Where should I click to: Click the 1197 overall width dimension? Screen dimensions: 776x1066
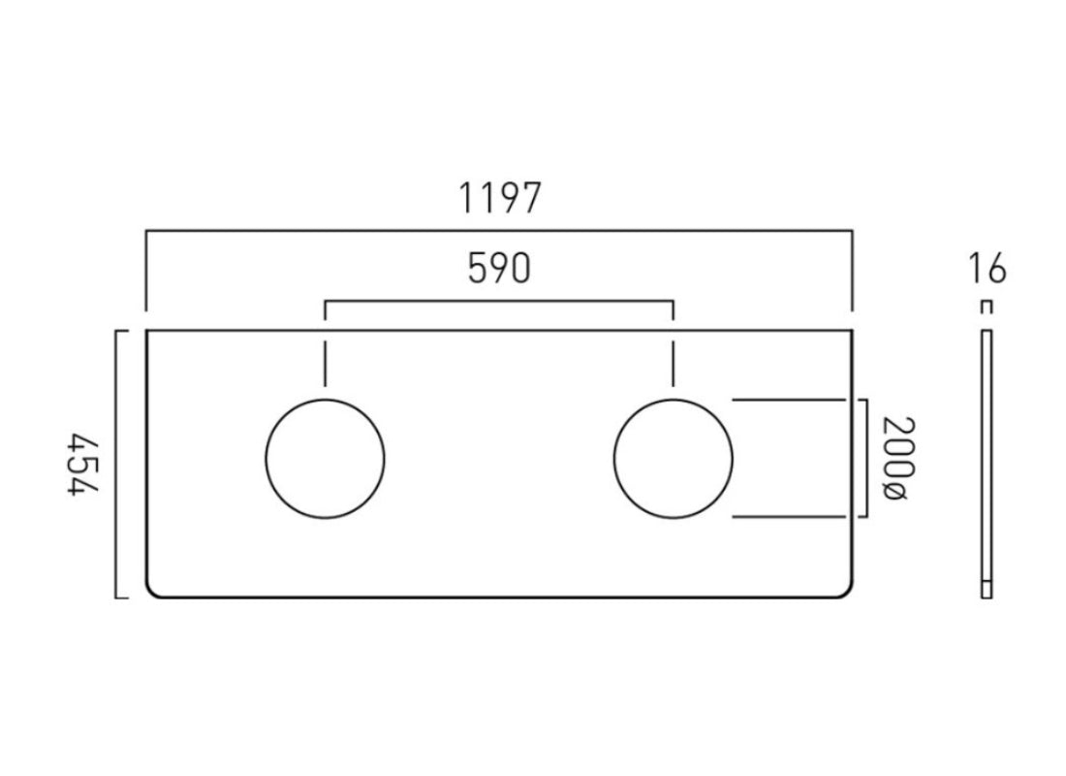point(499,199)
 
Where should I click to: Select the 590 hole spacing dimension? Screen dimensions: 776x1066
point(499,270)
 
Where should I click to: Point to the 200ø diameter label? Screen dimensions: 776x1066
point(894,458)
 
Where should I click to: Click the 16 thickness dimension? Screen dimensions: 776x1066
point(987,269)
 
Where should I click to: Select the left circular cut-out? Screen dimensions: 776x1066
point(325,457)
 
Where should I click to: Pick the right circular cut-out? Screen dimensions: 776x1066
point(674,457)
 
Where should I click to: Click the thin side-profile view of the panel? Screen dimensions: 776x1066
point(987,464)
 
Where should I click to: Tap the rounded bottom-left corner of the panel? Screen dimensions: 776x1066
point(150,593)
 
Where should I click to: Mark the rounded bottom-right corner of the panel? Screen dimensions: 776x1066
point(848,593)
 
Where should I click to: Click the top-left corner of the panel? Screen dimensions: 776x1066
point(146,331)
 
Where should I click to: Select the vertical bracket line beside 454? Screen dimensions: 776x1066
point(116,464)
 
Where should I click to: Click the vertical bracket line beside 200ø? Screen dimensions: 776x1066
point(865,458)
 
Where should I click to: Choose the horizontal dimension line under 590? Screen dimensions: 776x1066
point(499,302)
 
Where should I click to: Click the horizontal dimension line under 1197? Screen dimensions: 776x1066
point(499,231)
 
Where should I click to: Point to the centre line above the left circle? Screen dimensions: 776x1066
point(325,364)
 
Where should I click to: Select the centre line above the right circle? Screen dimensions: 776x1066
point(674,364)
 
